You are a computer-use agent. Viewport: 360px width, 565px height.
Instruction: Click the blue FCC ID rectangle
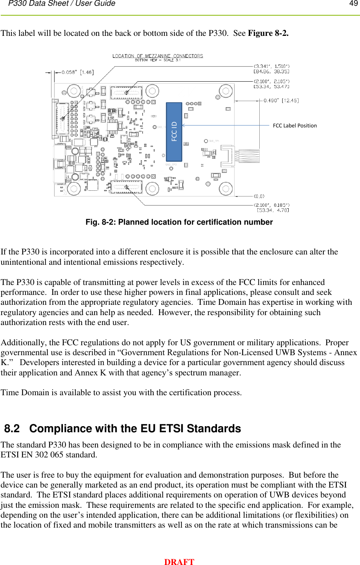[174, 132]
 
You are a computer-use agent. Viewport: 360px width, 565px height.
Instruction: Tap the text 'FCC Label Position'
[295, 126]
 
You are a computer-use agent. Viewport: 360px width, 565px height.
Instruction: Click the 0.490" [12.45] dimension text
[281, 100]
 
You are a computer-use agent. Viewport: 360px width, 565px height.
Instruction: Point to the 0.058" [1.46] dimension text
[77, 72]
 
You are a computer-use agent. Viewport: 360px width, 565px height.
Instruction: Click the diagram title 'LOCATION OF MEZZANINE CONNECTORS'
[157, 56]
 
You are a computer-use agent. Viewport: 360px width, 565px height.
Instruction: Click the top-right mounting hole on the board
[226, 91]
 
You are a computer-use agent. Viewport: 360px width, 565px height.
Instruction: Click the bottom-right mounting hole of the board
[226, 188]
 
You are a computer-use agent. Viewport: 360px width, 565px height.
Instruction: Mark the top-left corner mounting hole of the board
[73, 91]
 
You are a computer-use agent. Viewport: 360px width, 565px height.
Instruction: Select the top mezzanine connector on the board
[126, 92]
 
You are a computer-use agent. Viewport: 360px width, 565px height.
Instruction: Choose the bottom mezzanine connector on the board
[126, 187]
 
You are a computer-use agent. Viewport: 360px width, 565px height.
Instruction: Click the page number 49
[354, 4]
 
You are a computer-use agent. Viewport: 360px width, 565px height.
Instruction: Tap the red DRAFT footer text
[179, 562]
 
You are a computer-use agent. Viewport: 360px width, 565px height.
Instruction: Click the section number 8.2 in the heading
[12, 429]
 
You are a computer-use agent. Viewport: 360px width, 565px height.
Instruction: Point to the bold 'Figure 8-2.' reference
[268, 33]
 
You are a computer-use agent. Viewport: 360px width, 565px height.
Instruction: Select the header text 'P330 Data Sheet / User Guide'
[62, 4]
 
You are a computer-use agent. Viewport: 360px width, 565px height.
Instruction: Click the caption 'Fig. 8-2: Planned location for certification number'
[179, 222]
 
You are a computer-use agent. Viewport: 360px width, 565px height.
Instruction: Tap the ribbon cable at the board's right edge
[247, 156]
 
